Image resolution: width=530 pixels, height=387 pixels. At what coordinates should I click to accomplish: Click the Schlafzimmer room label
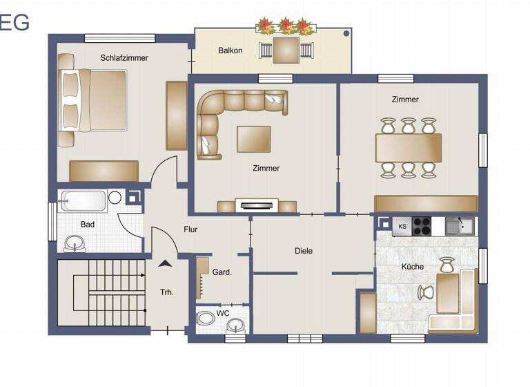(x=124, y=58)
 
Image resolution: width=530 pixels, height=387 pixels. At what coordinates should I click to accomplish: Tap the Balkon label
(x=230, y=50)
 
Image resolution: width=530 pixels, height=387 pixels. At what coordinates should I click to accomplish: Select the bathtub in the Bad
(x=83, y=201)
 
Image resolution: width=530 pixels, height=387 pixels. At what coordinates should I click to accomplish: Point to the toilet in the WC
(x=206, y=319)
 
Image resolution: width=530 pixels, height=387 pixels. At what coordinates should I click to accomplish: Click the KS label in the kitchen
(x=403, y=225)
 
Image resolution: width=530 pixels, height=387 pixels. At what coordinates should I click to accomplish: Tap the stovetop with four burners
(x=422, y=226)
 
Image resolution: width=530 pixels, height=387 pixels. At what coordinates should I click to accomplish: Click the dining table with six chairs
(x=408, y=147)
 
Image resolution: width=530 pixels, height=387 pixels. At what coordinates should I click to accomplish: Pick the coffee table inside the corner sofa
(x=254, y=138)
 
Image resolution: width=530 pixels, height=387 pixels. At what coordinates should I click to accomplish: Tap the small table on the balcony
(x=286, y=49)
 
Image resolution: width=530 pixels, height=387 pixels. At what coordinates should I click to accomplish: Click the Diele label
(x=304, y=251)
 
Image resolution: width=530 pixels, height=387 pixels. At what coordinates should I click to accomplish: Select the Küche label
(x=413, y=267)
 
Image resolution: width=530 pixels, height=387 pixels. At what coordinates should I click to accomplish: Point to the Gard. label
(x=222, y=272)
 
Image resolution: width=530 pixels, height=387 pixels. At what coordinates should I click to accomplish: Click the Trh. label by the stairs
(x=167, y=292)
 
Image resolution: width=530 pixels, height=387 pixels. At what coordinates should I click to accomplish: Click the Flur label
(x=191, y=229)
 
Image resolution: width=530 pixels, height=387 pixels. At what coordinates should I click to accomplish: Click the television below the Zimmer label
(x=256, y=204)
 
